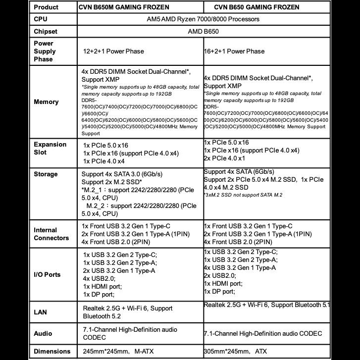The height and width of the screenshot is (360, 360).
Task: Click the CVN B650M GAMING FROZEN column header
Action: (124, 7)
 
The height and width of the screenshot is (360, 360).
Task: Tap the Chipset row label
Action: (46, 32)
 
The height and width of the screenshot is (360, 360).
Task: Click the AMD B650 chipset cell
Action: (203, 32)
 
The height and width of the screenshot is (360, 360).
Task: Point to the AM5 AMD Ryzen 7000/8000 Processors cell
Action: (203, 19)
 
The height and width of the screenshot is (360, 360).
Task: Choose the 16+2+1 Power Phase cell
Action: (235, 51)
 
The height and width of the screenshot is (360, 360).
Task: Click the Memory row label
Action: (46, 102)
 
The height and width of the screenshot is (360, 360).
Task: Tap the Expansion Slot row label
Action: (50, 149)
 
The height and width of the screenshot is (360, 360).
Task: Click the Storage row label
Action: (46, 174)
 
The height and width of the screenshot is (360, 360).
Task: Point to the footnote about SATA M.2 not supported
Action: (243, 195)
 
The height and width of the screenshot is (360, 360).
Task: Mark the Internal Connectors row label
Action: (51, 234)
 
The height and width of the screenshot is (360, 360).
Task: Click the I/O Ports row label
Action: (47, 274)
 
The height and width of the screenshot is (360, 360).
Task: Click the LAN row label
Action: (40, 312)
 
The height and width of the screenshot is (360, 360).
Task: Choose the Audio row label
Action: (43, 333)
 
